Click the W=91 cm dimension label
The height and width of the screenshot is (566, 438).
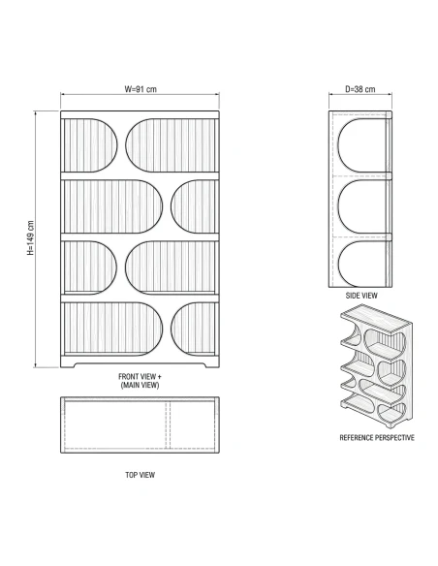(x=141, y=89)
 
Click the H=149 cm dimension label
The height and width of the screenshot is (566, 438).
(x=31, y=237)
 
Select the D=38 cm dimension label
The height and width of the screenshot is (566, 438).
(x=360, y=89)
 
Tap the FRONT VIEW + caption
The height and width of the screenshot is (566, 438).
(x=140, y=376)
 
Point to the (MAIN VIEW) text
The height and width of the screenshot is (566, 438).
(x=140, y=385)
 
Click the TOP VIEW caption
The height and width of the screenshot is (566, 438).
(x=140, y=475)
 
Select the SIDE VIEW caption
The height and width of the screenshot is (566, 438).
(x=361, y=296)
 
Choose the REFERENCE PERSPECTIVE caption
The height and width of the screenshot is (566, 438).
(x=377, y=438)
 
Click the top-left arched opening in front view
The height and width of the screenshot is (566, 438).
(x=90, y=145)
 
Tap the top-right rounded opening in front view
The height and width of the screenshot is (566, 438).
(x=171, y=145)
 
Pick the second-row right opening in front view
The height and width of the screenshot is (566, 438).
(x=193, y=206)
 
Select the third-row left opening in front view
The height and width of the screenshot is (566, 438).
(x=90, y=267)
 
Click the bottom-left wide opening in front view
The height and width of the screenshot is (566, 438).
(x=113, y=329)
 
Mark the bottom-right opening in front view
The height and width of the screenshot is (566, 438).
(x=193, y=329)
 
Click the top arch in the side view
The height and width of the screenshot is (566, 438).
(x=361, y=145)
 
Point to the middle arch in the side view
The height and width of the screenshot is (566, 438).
(x=361, y=206)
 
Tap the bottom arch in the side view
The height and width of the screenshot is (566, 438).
(x=361, y=265)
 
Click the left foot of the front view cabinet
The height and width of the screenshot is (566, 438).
(x=68, y=364)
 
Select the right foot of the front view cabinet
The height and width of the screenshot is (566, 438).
(x=212, y=364)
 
